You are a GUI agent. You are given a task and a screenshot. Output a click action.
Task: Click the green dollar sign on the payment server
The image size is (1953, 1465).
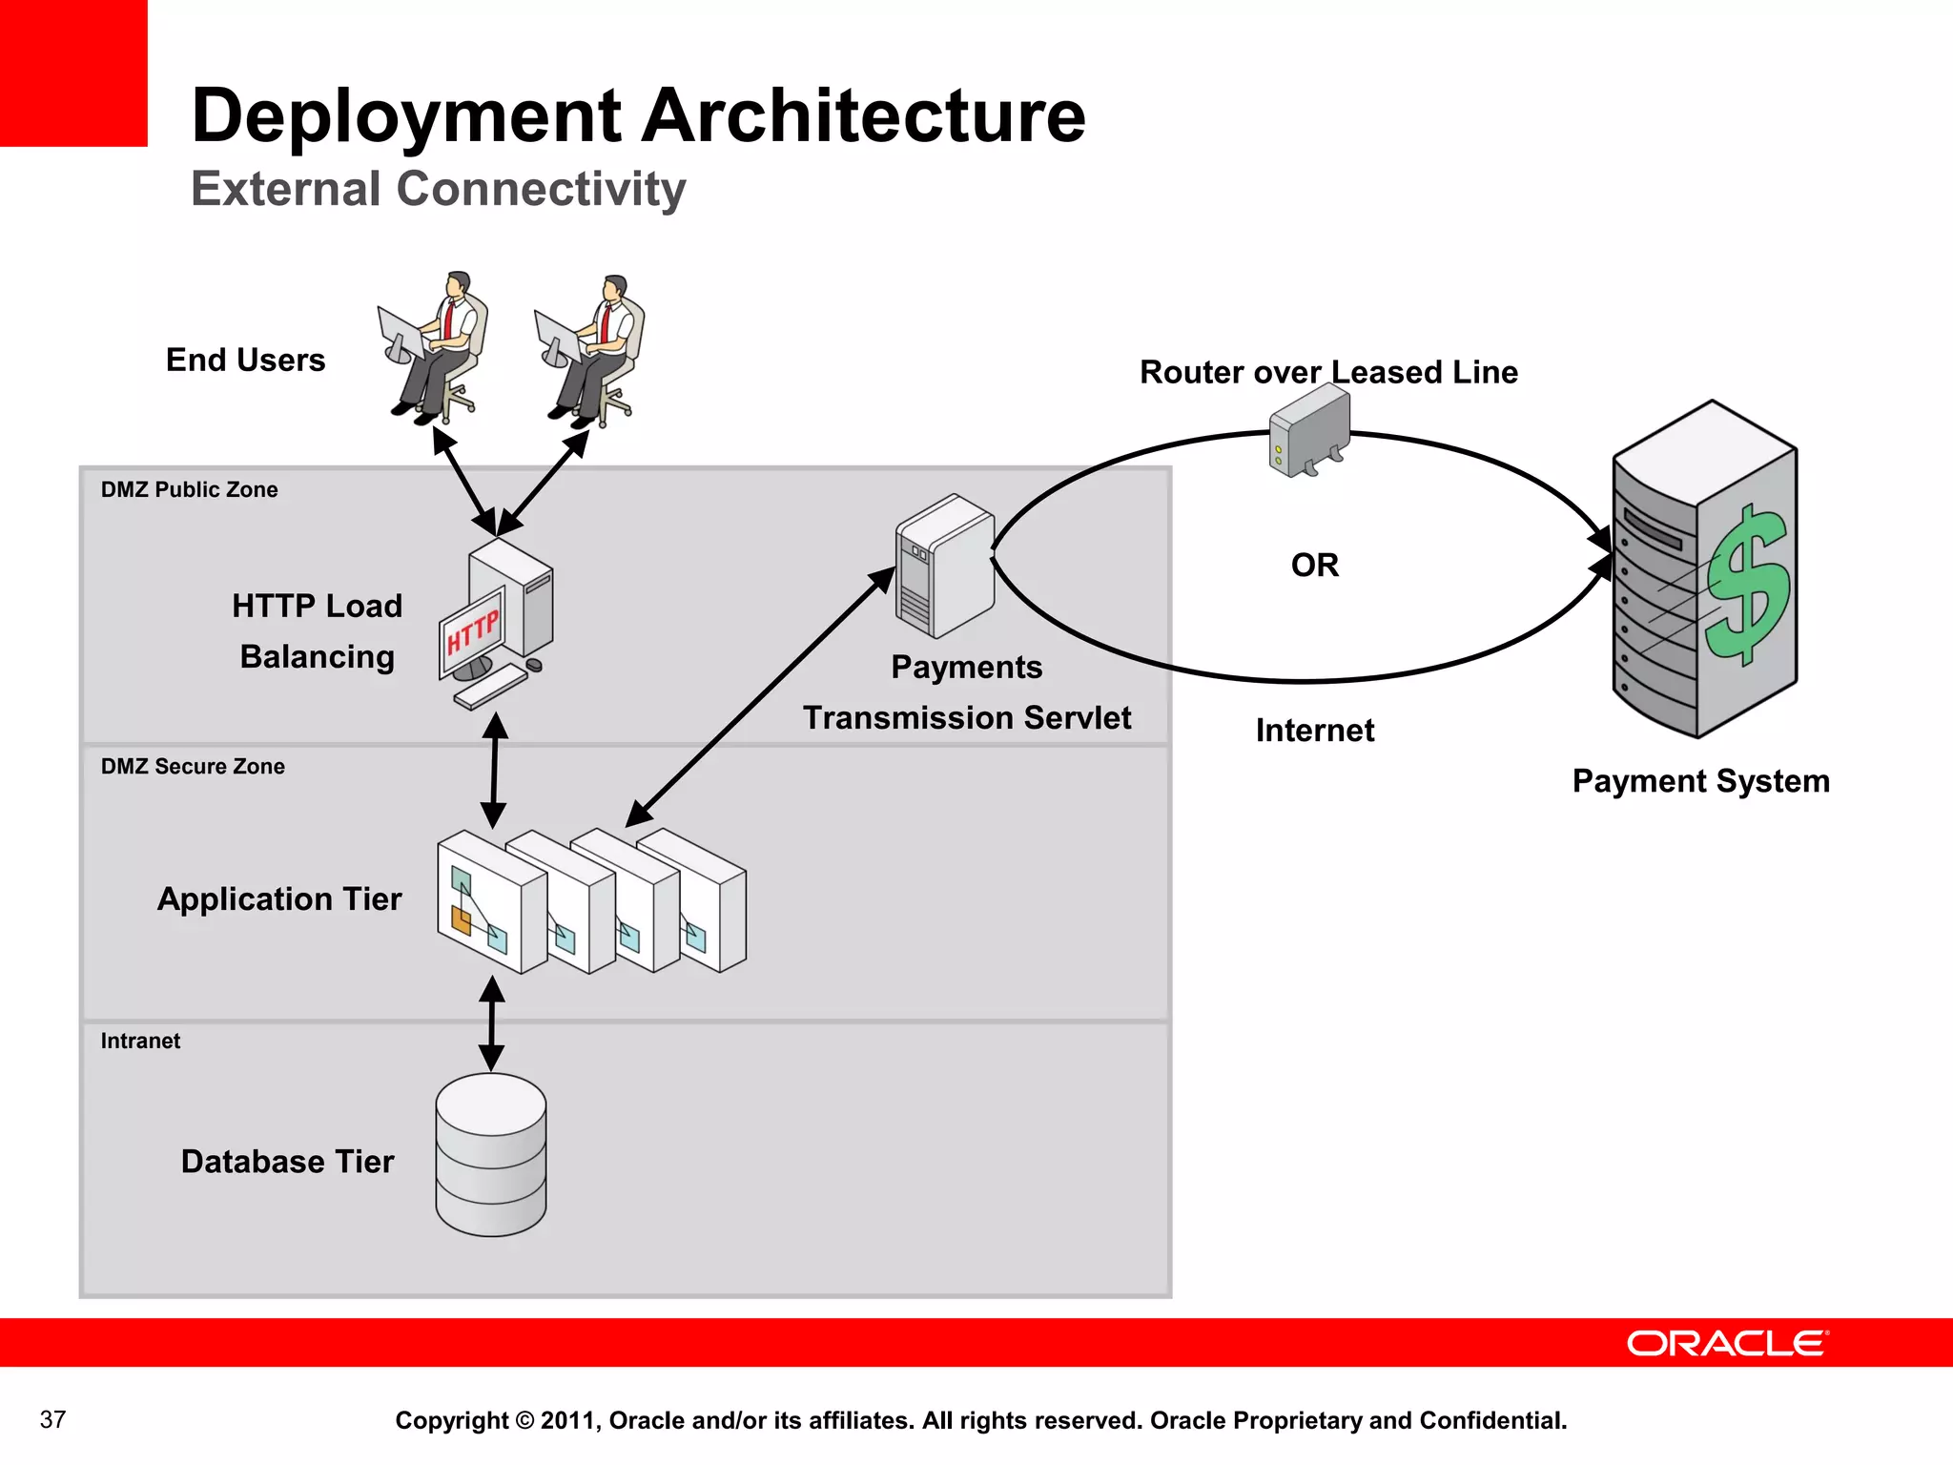(x=1749, y=584)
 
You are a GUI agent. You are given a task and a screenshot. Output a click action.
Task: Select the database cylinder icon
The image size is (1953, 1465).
(x=490, y=1155)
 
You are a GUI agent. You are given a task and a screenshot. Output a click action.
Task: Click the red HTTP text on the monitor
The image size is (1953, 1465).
(x=473, y=632)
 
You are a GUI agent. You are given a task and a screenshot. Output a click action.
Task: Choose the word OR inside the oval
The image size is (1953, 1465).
(x=1314, y=565)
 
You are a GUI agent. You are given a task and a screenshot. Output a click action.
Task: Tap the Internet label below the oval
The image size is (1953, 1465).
(x=1314, y=731)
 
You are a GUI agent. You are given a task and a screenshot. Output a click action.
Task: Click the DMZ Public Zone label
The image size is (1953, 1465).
(x=189, y=489)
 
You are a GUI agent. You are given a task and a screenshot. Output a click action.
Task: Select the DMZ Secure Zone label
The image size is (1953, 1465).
(x=193, y=766)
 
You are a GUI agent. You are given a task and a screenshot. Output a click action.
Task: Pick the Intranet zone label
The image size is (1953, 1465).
(x=140, y=1041)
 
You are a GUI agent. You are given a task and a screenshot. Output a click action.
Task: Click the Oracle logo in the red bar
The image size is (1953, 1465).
(x=1726, y=1343)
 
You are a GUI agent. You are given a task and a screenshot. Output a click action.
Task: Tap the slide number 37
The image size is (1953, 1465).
(x=52, y=1419)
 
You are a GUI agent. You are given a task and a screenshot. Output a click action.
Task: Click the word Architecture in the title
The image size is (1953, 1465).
(x=863, y=116)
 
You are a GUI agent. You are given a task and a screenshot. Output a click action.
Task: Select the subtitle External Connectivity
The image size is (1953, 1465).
(x=438, y=189)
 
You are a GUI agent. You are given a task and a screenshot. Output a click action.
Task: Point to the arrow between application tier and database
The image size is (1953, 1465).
(x=491, y=1023)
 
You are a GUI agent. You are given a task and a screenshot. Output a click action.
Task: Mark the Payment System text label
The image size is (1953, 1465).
(x=1700, y=781)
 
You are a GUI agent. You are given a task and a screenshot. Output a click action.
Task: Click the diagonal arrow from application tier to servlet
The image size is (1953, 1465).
(x=760, y=697)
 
